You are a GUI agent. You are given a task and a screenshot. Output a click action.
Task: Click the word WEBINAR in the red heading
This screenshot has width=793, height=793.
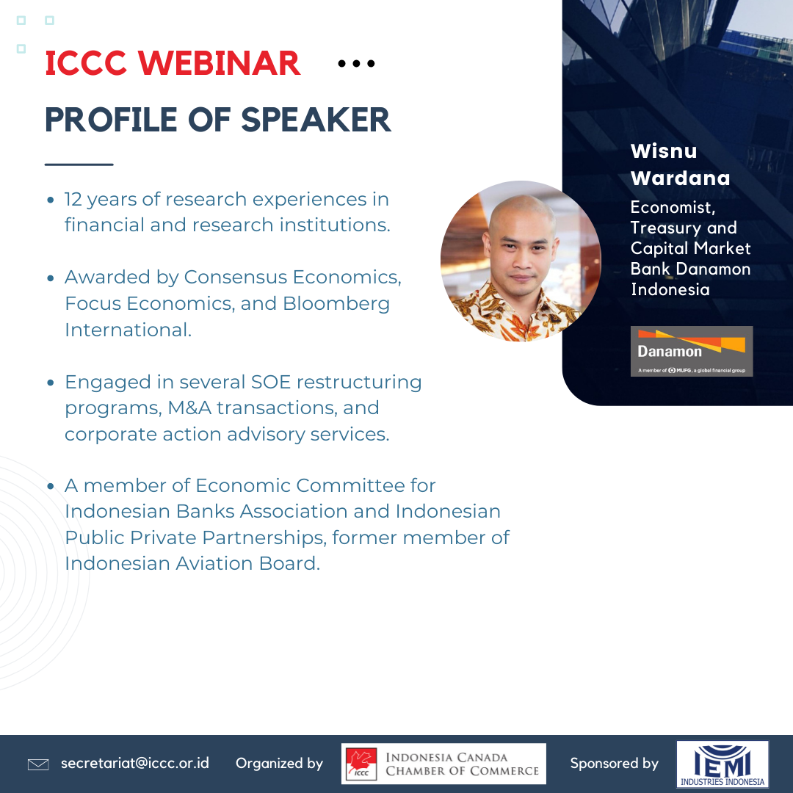click(x=220, y=63)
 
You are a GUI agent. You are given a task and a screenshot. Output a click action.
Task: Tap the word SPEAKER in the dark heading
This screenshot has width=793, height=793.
click(x=316, y=120)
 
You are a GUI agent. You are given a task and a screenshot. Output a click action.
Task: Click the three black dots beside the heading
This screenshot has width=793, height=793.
click(x=356, y=63)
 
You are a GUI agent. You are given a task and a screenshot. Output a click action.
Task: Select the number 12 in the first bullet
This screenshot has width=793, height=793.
click(x=73, y=199)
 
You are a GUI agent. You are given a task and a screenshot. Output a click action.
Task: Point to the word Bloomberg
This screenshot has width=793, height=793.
click(x=336, y=303)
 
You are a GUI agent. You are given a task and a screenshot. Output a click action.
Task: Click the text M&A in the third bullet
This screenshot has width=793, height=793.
click(x=189, y=408)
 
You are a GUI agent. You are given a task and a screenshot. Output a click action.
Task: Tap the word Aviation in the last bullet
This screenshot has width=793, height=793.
click(x=214, y=563)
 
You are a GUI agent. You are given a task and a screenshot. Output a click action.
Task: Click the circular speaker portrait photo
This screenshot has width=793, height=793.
click(x=521, y=261)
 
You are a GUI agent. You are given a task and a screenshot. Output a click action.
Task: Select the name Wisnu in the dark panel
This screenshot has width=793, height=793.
click(x=664, y=151)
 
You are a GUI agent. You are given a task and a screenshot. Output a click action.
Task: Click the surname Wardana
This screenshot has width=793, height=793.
click(x=680, y=178)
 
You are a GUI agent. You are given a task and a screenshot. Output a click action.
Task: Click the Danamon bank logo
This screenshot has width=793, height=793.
click(x=692, y=351)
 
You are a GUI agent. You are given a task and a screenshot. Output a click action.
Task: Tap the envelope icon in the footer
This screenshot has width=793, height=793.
click(x=38, y=764)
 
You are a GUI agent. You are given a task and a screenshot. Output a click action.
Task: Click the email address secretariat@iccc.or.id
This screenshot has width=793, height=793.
click(x=135, y=763)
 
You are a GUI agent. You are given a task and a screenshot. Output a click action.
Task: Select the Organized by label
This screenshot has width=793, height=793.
click(x=279, y=763)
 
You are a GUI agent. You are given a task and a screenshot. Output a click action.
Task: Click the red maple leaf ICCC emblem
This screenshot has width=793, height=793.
click(x=361, y=764)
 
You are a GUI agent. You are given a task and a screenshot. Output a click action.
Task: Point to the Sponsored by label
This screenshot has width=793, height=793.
click(x=614, y=763)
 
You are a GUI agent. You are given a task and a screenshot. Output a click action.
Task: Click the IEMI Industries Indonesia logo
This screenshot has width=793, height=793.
click(x=723, y=764)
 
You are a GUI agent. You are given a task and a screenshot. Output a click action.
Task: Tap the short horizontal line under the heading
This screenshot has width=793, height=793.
click(x=79, y=164)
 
